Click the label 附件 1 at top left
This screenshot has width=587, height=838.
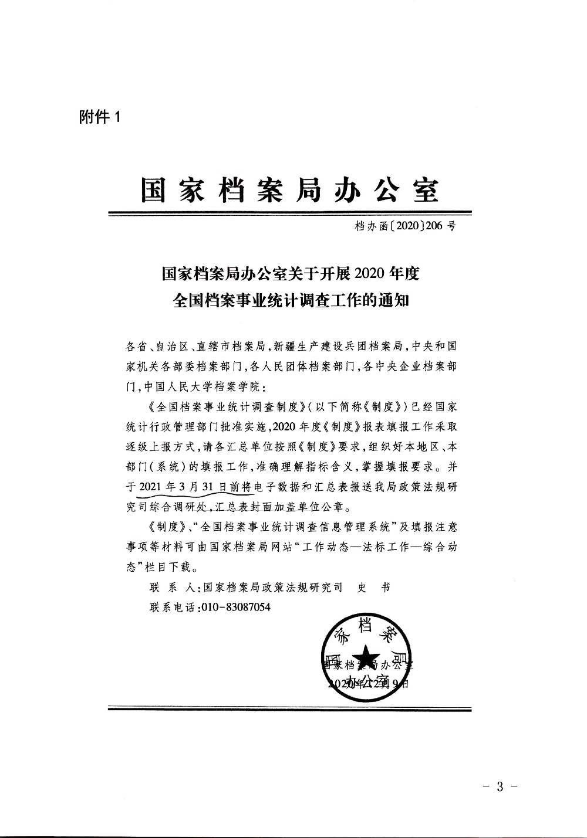coord(99,117)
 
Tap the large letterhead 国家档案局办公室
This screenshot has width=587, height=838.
coord(289,189)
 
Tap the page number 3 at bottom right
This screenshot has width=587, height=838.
coord(500,786)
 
